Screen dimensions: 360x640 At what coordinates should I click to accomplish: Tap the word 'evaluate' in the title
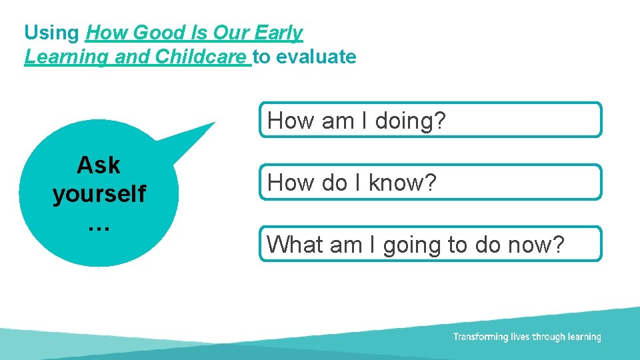pyautogui.click(x=316, y=57)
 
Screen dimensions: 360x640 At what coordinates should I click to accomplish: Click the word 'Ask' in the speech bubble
pyautogui.click(x=99, y=165)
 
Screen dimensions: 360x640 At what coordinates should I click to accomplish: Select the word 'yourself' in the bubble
pyautogui.click(x=99, y=194)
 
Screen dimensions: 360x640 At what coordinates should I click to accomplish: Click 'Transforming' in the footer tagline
pyautogui.click(x=481, y=337)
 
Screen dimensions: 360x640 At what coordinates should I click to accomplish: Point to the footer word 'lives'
pyautogui.click(x=522, y=337)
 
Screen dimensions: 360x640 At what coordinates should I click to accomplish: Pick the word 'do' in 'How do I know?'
pyautogui.click(x=335, y=183)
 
